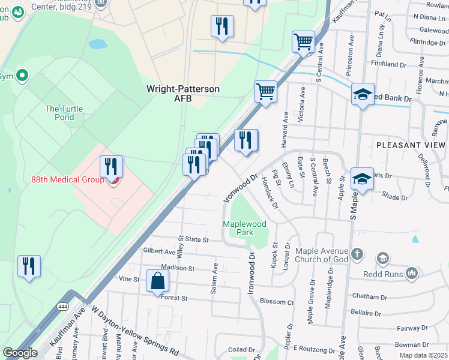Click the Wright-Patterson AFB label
(183, 93)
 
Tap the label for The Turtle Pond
(60, 113)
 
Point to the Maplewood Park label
(244, 227)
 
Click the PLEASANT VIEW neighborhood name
(411, 145)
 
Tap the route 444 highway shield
(62, 306)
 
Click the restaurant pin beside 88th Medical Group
(111, 166)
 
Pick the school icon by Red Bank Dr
(363, 94)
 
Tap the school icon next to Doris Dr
(362, 178)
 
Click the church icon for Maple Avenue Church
(358, 253)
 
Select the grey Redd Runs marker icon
(411, 274)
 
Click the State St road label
(196, 239)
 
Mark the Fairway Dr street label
(412, 328)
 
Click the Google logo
(20, 353)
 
